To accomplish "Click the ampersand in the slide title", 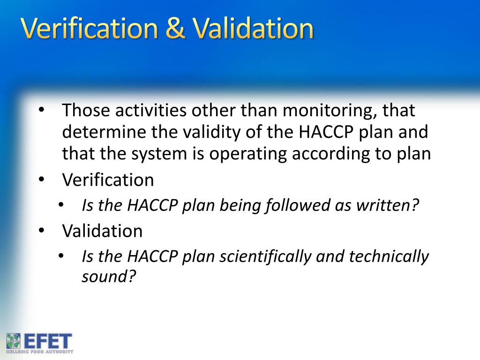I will tap(176, 29).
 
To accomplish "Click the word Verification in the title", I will tap(89, 29).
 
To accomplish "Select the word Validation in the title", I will tap(253, 29).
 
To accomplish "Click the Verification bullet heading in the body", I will tap(108, 180).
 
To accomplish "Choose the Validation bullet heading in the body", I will tap(102, 231).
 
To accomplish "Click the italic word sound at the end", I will tap(108, 277).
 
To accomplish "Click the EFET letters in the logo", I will tap(48, 341).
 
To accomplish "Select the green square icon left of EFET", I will tap(14, 341).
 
